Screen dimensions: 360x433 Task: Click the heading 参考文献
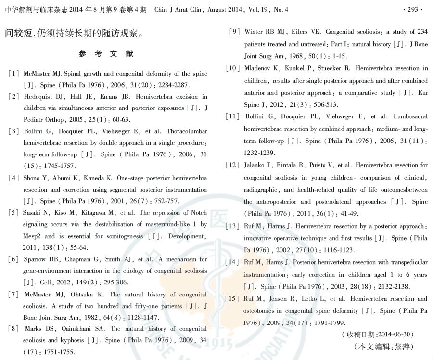tap(106, 54)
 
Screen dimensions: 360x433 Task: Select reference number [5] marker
tap(13, 212)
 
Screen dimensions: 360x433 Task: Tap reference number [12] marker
tap(232, 165)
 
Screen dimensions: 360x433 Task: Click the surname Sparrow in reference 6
tap(35, 259)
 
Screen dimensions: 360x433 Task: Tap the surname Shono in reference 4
tap(33, 178)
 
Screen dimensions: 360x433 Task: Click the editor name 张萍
tap(403, 347)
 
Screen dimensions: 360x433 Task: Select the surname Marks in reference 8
tap(33, 329)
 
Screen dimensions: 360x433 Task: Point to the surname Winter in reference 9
tap(254, 32)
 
